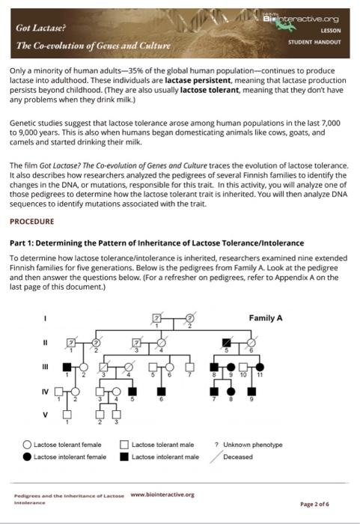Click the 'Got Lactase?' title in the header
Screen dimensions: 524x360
[x=35, y=27]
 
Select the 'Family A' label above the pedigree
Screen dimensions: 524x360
[x=266, y=318]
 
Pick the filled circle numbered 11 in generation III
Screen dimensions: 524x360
[x=260, y=368]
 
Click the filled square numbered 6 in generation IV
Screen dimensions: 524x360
[x=160, y=391]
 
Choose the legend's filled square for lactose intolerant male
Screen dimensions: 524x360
[x=124, y=456]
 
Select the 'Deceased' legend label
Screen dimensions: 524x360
[x=238, y=456]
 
